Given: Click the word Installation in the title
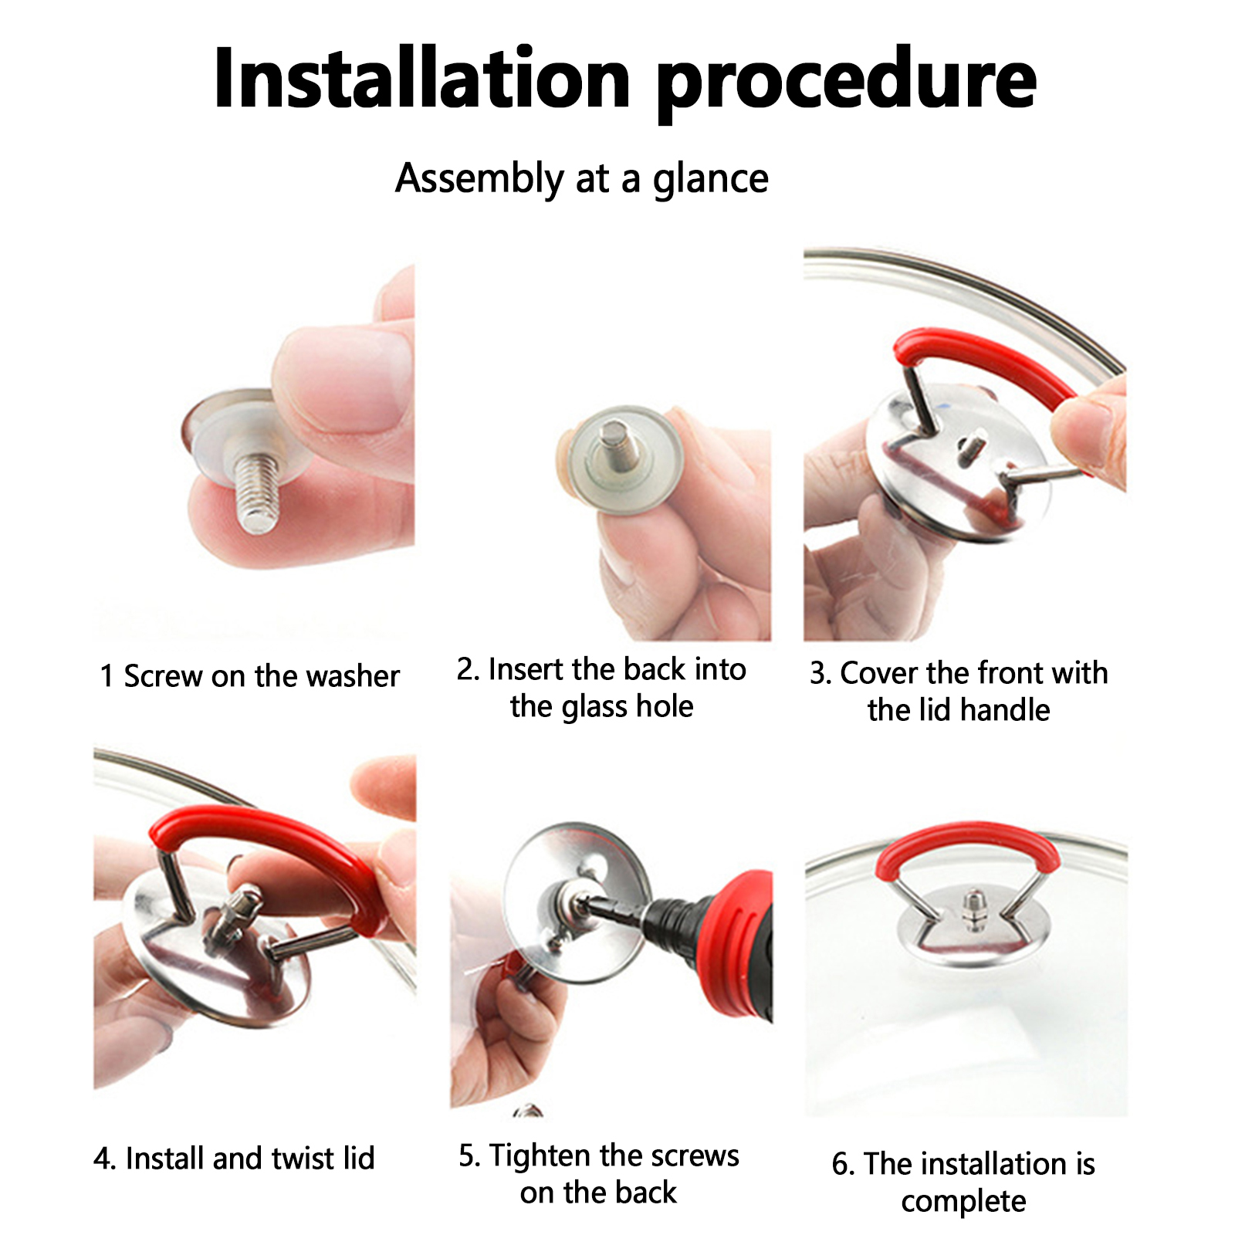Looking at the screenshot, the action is pos(422,79).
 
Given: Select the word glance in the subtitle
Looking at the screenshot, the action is pos(710,181).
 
